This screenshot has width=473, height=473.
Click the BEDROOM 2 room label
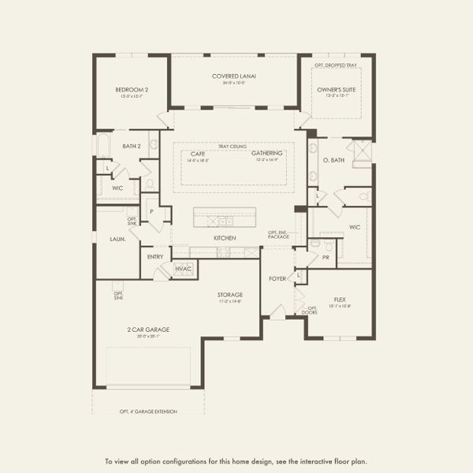click(x=130, y=90)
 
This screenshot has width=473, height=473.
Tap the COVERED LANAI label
click(x=234, y=76)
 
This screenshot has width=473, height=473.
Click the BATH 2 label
click(x=131, y=146)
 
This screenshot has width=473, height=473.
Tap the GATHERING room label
click(x=267, y=155)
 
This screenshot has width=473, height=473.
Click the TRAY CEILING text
click(x=233, y=147)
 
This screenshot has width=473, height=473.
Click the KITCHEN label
click(x=225, y=237)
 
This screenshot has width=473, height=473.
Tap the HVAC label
click(x=184, y=269)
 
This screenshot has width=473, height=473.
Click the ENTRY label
click(x=155, y=256)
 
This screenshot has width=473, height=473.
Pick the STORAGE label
click(x=230, y=295)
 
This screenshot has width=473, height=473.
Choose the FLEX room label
click(x=340, y=300)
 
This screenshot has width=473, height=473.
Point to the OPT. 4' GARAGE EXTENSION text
click(x=148, y=412)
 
